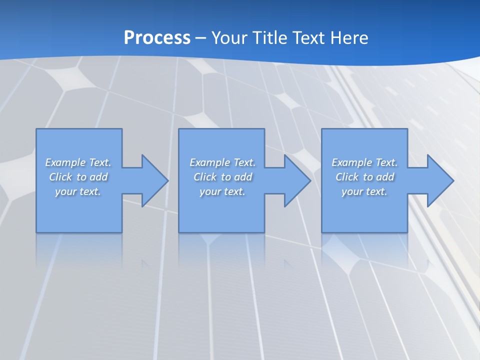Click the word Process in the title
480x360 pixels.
[157, 37]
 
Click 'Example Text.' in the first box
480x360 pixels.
[78, 162]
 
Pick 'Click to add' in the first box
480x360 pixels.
[78, 177]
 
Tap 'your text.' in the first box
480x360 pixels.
[78, 191]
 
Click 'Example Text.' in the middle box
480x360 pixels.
[222, 162]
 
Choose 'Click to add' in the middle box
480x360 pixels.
[222, 177]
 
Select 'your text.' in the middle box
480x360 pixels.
[222, 191]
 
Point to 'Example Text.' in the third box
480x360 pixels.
[364, 162]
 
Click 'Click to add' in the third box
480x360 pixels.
[364, 177]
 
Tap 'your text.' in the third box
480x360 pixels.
[364, 191]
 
